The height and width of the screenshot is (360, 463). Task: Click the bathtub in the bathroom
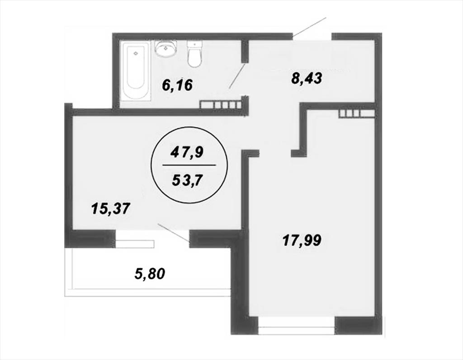(136, 72)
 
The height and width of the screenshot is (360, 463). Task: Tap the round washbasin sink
(166, 48)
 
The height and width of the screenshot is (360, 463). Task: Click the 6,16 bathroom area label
(177, 85)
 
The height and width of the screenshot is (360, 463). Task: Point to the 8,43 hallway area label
(307, 78)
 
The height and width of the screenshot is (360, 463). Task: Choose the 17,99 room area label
(302, 240)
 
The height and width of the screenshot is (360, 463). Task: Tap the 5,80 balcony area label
(149, 274)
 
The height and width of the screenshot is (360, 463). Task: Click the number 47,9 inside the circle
(187, 153)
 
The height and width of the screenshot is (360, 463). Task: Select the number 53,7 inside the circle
(187, 180)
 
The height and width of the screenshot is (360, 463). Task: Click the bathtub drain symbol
(136, 53)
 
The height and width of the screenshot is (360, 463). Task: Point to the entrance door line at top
(309, 28)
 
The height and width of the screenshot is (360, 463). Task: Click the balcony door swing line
(174, 233)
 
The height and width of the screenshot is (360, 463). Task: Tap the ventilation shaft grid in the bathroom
(221, 105)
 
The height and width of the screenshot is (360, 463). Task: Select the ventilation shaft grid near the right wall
(357, 114)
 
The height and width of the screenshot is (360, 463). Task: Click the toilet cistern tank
(194, 44)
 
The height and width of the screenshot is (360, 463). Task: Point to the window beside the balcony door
(135, 243)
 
